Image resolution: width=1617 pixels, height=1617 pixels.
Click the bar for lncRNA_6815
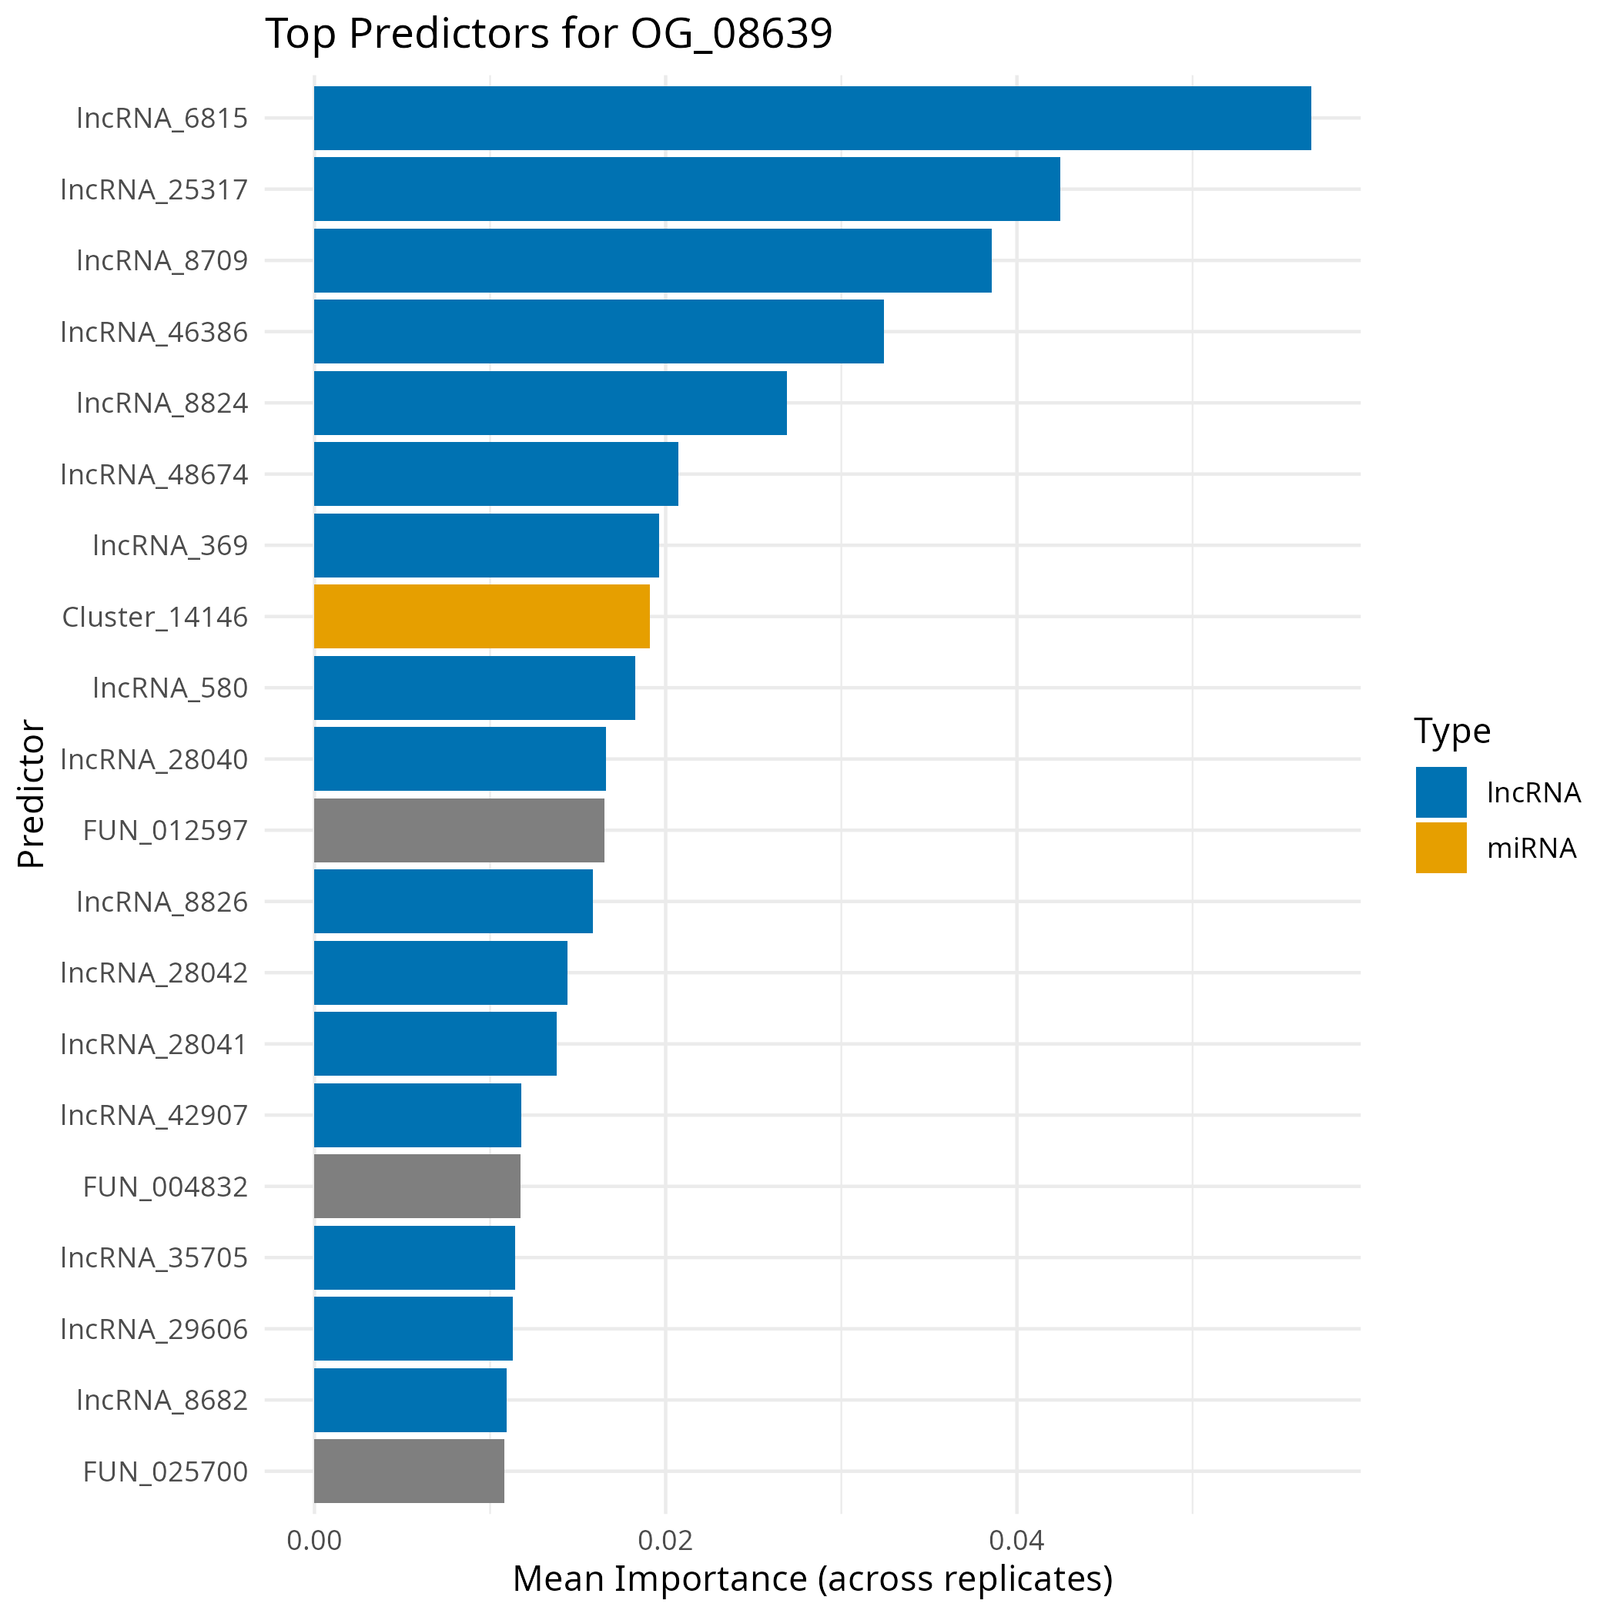coord(812,118)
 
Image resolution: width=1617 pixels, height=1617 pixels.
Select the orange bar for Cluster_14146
coord(481,617)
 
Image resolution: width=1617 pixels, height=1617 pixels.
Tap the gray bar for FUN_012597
coord(459,830)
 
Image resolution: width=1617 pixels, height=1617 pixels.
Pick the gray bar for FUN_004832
coord(417,1186)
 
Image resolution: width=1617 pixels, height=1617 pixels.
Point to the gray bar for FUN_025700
coord(408,1471)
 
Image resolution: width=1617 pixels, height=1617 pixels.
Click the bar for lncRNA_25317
coord(686,189)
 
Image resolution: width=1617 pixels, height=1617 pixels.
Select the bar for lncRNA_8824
coord(550,403)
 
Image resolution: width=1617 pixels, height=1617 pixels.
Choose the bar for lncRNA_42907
coord(417,1115)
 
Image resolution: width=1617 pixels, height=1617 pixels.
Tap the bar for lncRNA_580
coord(474,688)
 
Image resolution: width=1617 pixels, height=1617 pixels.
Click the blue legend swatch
coord(1441,792)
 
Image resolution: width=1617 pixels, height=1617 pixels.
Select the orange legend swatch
coord(1441,847)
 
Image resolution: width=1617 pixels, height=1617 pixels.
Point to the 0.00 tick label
coord(314,1541)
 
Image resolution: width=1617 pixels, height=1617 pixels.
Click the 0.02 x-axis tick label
coord(665,1541)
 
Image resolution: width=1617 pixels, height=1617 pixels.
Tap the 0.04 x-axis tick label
coord(1016,1541)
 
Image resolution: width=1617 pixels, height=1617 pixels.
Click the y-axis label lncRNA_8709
coord(162,261)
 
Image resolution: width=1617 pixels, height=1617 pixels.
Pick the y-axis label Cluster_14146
coord(155,618)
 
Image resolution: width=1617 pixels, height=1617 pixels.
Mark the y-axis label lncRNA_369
coord(170,546)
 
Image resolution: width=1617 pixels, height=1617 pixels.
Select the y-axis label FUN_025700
coord(165,1471)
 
